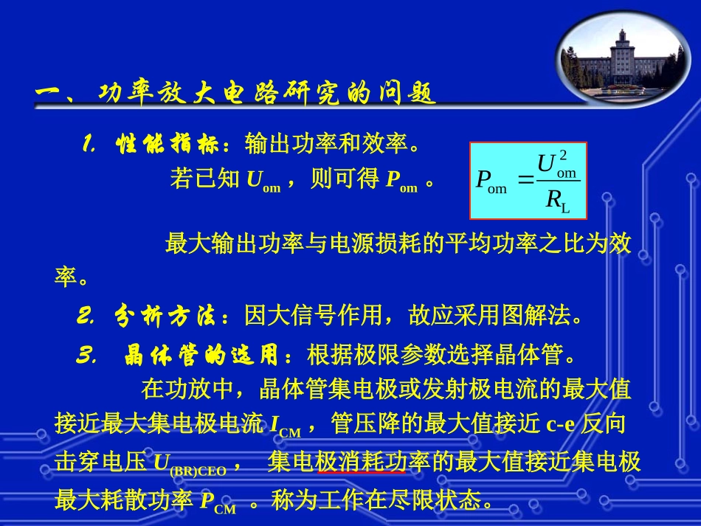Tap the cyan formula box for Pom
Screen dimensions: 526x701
click(528, 181)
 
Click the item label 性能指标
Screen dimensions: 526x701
click(169, 145)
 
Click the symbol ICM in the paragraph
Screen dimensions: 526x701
click(285, 426)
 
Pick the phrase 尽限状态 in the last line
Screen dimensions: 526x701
click(442, 502)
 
